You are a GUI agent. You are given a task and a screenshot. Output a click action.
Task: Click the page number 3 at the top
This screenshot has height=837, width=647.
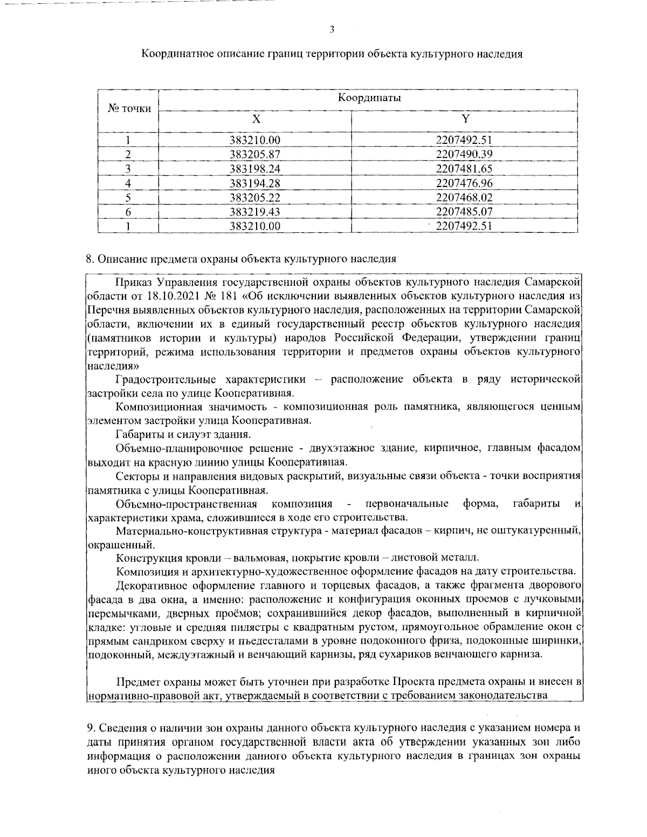point(332,29)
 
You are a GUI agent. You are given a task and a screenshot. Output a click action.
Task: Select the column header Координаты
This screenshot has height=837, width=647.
point(369,98)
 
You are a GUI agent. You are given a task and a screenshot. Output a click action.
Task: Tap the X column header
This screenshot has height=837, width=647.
point(256,119)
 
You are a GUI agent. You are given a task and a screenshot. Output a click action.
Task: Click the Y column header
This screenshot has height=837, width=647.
point(465,119)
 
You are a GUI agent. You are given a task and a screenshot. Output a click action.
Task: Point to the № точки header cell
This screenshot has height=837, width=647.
point(129,108)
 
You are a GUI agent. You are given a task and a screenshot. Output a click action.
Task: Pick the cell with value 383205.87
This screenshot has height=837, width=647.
point(255,155)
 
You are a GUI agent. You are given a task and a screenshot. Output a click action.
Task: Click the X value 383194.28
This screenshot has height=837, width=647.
point(255,183)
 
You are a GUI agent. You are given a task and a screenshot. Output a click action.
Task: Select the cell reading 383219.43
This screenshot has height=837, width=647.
point(255,212)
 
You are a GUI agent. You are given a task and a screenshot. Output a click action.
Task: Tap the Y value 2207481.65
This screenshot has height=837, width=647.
point(464,169)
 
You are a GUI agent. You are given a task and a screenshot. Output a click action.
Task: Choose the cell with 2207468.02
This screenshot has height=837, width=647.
point(464,197)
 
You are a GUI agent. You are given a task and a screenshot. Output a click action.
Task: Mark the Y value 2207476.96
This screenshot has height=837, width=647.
point(464,183)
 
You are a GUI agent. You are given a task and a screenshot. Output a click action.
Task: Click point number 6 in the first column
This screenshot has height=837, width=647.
point(128,212)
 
